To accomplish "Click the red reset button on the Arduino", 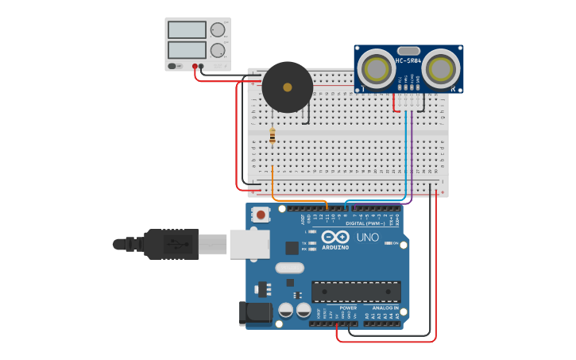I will pyautogui.click(x=260, y=215).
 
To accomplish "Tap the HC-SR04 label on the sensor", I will pyautogui.click(x=408, y=61).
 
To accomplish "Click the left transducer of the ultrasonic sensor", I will pyautogui.click(x=374, y=69).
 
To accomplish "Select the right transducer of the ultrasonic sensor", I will pyautogui.click(x=442, y=69).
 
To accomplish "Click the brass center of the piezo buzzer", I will pyautogui.click(x=287, y=87).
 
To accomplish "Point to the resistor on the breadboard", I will pyautogui.click(x=273, y=136).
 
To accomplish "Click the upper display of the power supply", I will pyautogui.click(x=187, y=29).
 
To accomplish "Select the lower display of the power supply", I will pyautogui.click(x=187, y=49).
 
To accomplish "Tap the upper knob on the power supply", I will pyautogui.click(x=217, y=30).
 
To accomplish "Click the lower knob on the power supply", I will pyautogui.click(x=217, y=50).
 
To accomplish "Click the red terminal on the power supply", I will pyautogui.click(x=195, y=66).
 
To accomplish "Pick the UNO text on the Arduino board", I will pyautogui.click(x=367, y=237).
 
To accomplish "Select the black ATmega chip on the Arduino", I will pyautogui.click(x=355, y=292).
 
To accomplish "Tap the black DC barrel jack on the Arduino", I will pyautogui.click(x=255, y=312).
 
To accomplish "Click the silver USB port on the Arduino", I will pyautogui.click(x=249, y=244).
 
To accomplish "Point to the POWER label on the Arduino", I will pyautogui.click(x=348, y=308).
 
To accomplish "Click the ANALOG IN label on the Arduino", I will pyautogui.click(x=385, y=308).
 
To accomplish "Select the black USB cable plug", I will pyautogui.click(x=171, y=244).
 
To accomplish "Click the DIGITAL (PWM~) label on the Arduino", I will pyautogui.click(x=367, y=223).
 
